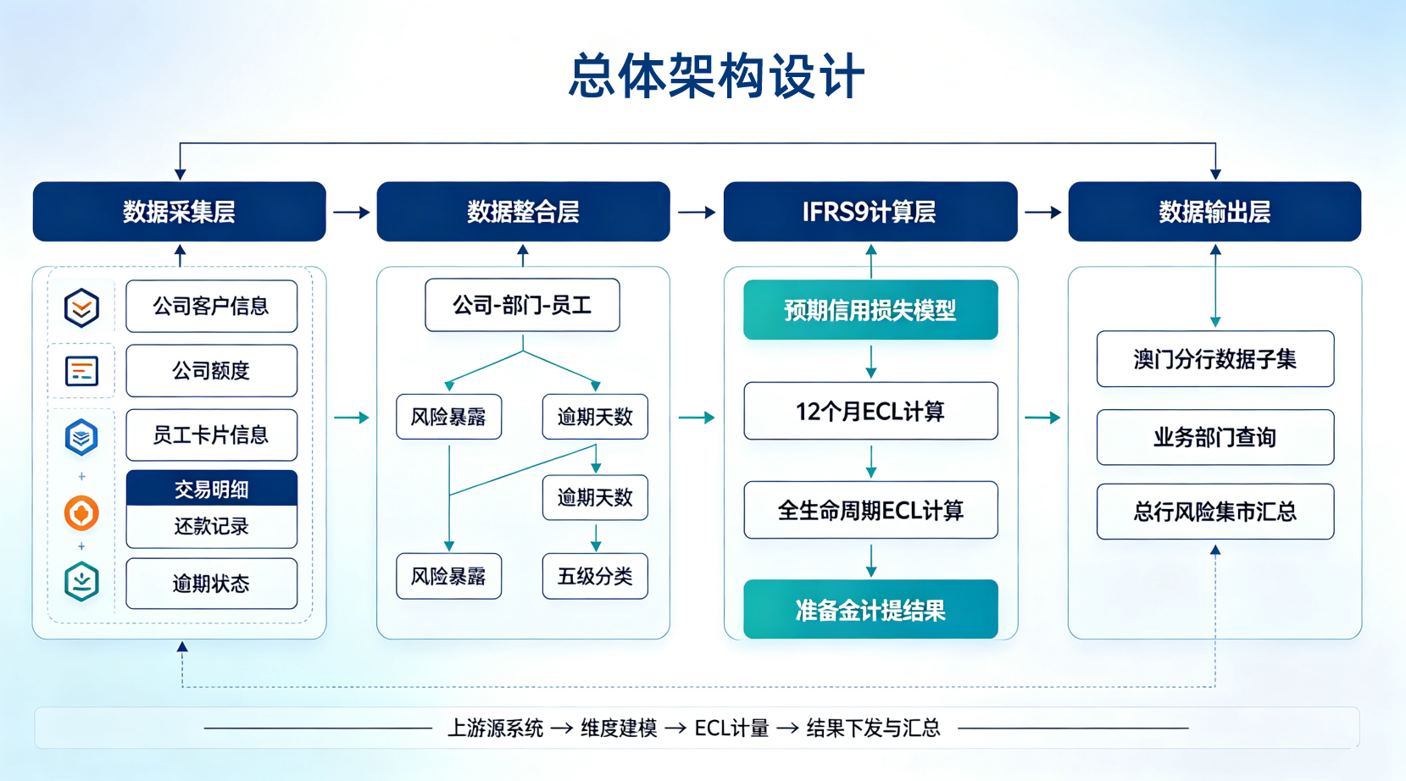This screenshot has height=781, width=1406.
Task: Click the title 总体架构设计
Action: tap(716, 76)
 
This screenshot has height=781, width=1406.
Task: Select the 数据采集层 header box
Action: tap(180, 212)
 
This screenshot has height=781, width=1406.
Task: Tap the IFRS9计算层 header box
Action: tap(870, 212)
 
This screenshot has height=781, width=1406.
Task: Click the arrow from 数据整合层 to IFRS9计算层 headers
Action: tap(697, 212)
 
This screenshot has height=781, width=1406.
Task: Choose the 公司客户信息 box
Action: tap(212, 306)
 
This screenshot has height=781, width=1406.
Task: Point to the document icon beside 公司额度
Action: tap(81, 371)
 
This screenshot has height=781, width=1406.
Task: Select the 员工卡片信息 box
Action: tap(212, 435)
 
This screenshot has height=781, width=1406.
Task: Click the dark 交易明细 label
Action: tap(212, 488)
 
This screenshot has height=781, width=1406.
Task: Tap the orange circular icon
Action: tap(81, 513)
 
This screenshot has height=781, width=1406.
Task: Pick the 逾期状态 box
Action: tap(212, 584)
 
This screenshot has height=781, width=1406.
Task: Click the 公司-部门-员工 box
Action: tap(522, 305)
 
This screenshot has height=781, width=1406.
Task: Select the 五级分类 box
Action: tap(595, 576)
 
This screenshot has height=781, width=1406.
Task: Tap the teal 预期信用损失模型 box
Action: tap(870, 310)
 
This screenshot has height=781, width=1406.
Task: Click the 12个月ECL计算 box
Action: tap(870, 411)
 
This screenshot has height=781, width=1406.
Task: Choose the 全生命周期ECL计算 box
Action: tap(870, 510)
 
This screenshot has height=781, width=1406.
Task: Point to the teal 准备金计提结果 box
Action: tap(870, 609)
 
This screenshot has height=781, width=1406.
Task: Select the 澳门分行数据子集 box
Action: tap(1215, 359)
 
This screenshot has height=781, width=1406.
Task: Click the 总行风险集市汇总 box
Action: tap(1215, 512)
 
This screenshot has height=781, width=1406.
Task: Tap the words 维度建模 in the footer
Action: tap(619, 728)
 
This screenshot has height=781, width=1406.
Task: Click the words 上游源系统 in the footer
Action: tap(495, 728)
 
